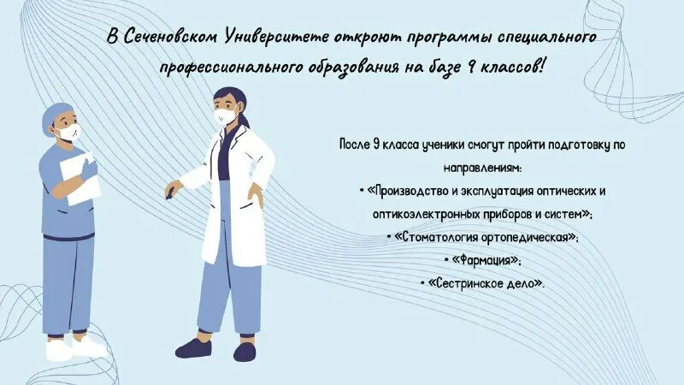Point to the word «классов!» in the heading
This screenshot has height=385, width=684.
point(516,67)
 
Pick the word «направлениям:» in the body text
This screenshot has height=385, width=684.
point(483,168)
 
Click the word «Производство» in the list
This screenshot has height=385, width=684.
point(410,191)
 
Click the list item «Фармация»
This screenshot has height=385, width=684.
point(483,259)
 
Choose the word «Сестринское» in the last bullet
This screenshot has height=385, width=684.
point(463,282)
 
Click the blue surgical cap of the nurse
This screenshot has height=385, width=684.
point(58,115)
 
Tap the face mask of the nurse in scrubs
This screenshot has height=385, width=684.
point(68,133)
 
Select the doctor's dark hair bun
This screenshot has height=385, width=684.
point(242,110)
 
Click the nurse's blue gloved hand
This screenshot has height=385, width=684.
point(90,169)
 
